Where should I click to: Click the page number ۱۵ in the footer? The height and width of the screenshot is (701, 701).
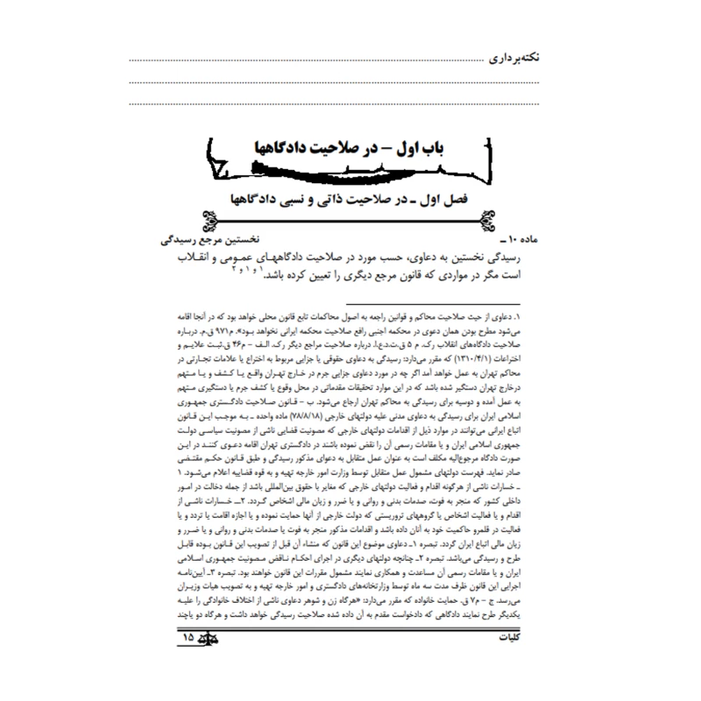coord(188,663)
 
